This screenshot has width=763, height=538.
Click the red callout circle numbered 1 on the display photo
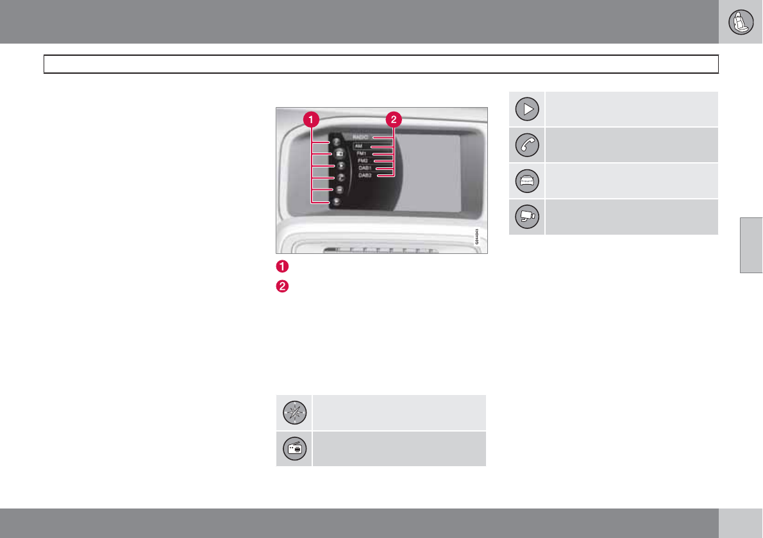click(x=311, y=119)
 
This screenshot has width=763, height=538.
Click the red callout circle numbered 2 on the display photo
click(x=394, y=119)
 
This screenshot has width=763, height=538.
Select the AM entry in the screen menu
click(x=358, y=147)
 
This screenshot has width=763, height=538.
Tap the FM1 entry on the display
click(x=362, y=154)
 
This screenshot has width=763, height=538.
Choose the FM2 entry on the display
click(x=363, y=161)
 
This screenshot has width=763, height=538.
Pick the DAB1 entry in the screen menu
click(x=365, y=168)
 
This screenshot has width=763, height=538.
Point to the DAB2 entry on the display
click(x=365, y=175)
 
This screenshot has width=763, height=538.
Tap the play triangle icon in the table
click(x=526, y=109)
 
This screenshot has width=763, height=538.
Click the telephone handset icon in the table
click(x=526, y=144)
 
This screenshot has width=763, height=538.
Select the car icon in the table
click(x=526, y=180)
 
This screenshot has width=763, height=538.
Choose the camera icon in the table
click(x=526, y=216)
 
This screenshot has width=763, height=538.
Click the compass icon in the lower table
click(x=294, y=412)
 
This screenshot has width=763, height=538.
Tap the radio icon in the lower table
click(x=294, y=448)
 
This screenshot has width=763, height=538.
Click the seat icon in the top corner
click(x=741, y=22)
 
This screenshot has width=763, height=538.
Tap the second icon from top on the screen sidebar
click(x=338, y=155)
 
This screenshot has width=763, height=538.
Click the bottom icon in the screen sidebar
click(x=336, y=202)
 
